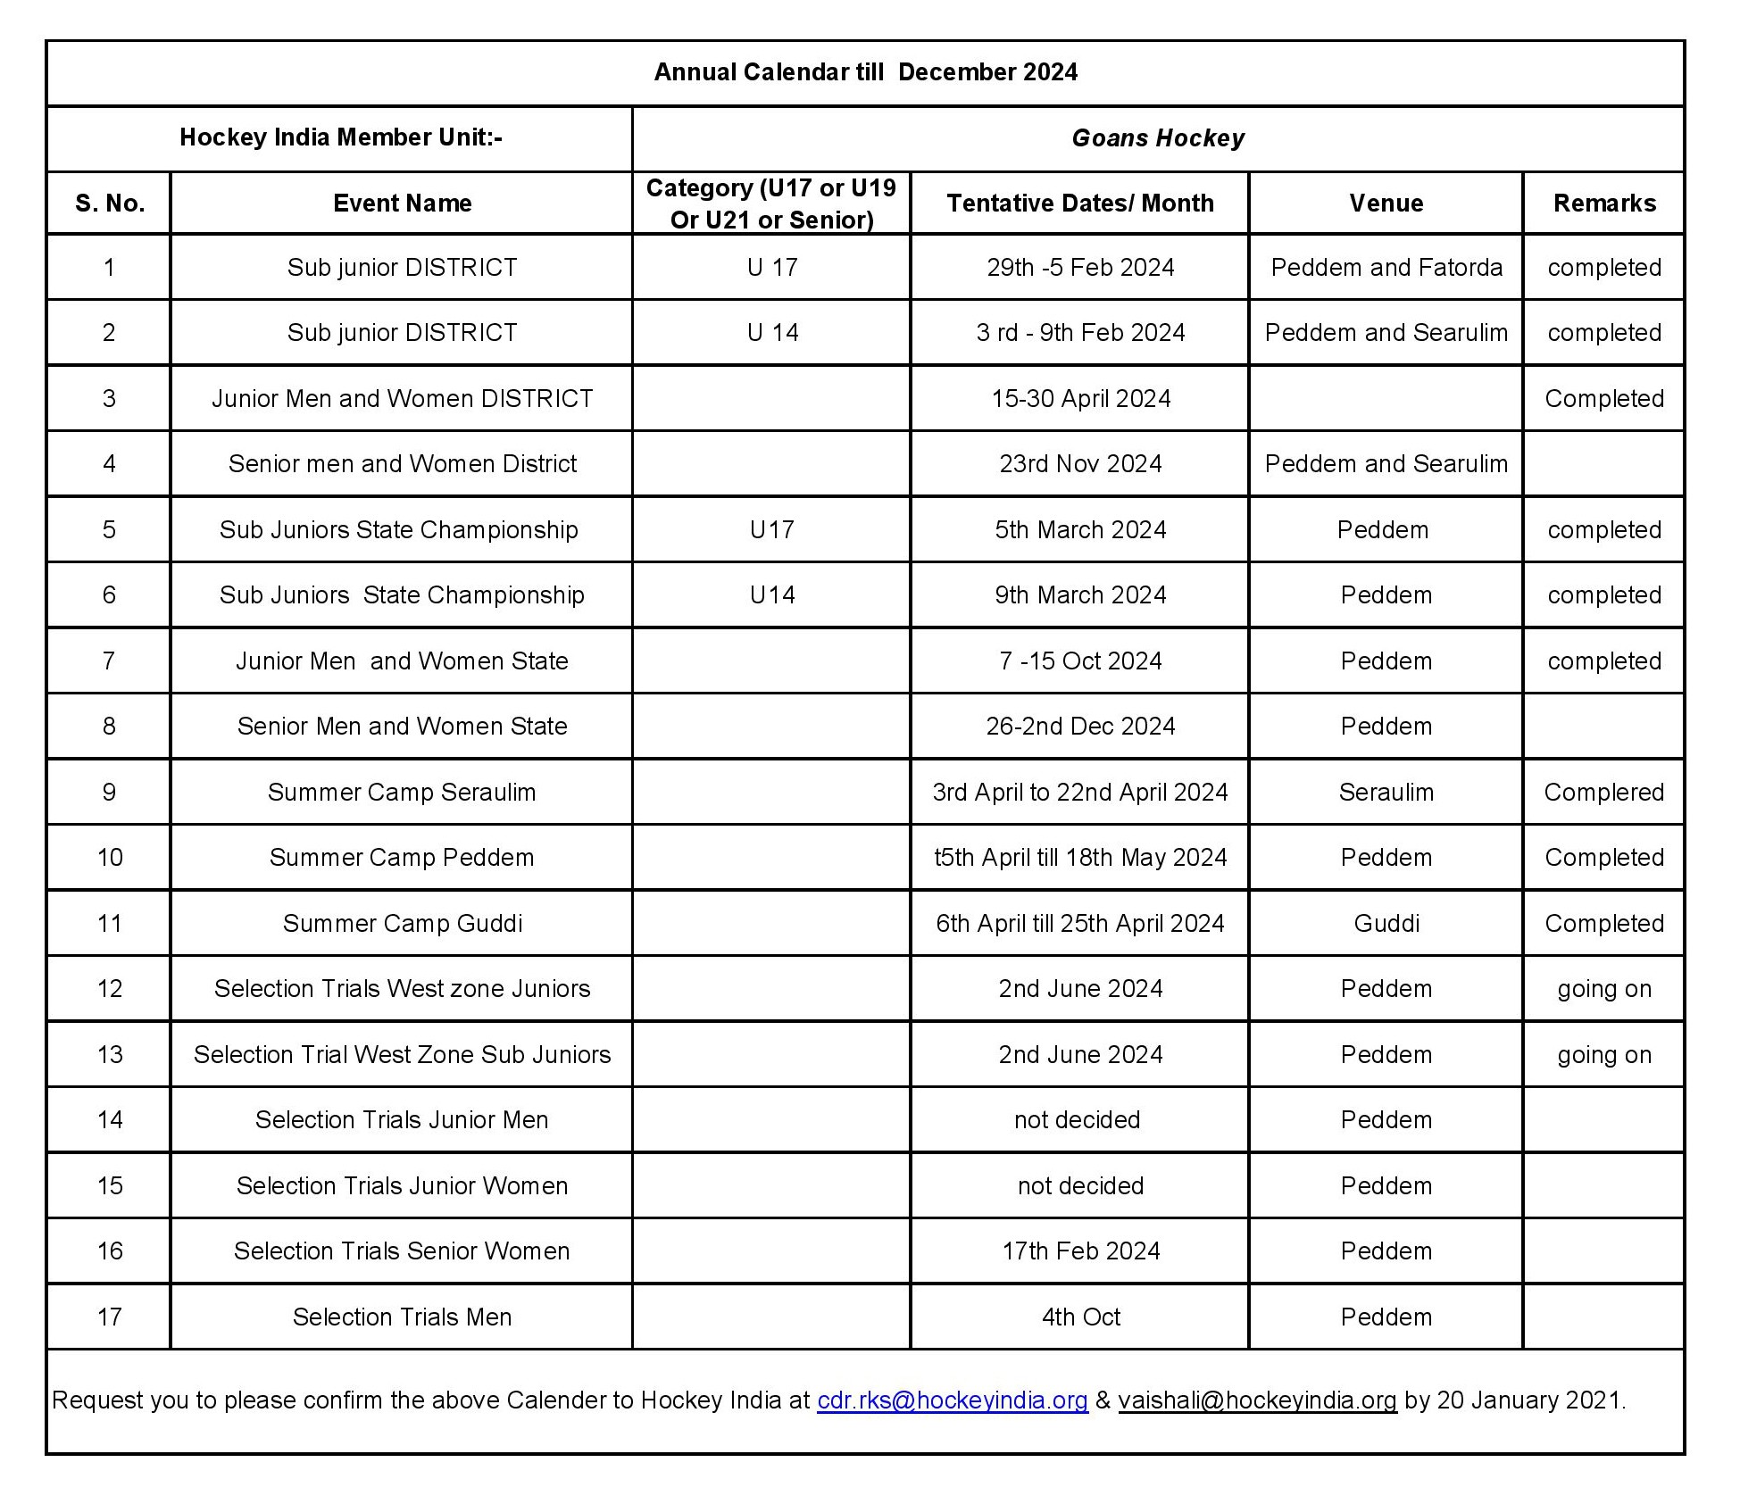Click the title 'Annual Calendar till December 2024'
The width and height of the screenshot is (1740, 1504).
pyautogui.click(x=865, y=72)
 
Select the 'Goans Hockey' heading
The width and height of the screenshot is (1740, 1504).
pyautogui.click(x=1157, y=138)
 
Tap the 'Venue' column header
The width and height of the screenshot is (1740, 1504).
pyautogui.click(x=1386, y=204)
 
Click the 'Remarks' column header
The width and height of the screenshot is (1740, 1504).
pyautogui.click(x=1603, y=204)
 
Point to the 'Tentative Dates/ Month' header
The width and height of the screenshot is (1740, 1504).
pyautogui.click(x=1079, y=204)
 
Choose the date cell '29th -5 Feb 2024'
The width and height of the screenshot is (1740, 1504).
pyautogui.click(x=1079, y=268)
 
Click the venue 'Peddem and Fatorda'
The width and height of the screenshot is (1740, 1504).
pyautogui.click(x=1386, y=268)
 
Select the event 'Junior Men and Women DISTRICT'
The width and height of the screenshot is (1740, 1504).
pyautogui.click(x=402, y=399)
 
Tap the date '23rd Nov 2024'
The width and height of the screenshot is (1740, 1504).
pyautogui.click(x=1079, y=464)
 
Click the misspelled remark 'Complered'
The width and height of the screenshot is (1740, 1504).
pyautogui.click(x=1603, y=793)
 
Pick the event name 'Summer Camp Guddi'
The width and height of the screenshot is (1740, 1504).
pyautogui.click(x=402, y=924)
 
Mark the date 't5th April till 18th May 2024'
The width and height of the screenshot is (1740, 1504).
pyautogui.click(x=1079, y=858)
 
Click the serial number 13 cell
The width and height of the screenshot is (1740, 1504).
pyautogui.click(x=109, y=1055)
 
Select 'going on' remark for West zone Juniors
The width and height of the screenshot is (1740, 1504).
pyautogui.click(x=1603, y=989)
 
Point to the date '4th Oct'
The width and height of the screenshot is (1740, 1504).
pyautogui.click(x=1079, y=1317)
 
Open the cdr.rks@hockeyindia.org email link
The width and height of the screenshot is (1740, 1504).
pyautogui.click(x=952, y=1400)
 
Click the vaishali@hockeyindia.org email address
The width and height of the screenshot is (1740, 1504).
pyautogui.click(x=1256, y=1400)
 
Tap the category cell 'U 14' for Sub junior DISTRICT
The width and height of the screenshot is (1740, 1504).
pyautogui.click(x=771, y=333)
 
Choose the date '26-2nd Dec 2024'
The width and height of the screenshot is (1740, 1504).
pyautogui.click(x=1079, y=727)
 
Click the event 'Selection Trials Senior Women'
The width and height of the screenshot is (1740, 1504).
pyautogui.click(x=402, y=1251)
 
